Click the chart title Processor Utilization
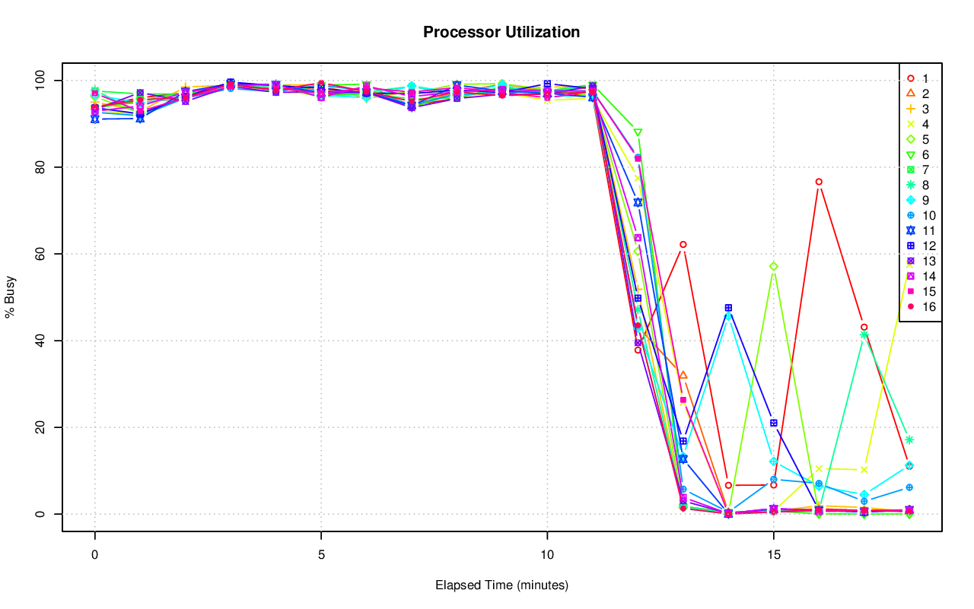click(x=501, y=33)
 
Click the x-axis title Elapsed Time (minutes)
click(x=501, y=585)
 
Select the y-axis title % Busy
click(x=11, y=297)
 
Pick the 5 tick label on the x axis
click(x=321, y=556)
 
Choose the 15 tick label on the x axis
click(x=773, y=556)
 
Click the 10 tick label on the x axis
click(x=547, y=556)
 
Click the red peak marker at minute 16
click(x=819, y=182)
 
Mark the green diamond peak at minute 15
click(x=773, y=266)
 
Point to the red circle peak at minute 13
click(x=683, y=245)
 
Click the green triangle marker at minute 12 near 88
click(x=638, y=132)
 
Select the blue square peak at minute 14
click(x=728, y=308)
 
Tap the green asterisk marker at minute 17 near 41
click(x=864, y=335)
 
